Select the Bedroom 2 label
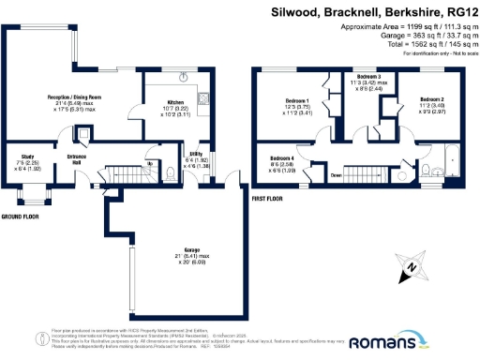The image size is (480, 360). [x=431, y=98]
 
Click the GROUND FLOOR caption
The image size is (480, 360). [x=21, y=217]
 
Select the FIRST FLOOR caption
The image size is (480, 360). [x=269, y=199]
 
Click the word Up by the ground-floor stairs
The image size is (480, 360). [x=151, y=162]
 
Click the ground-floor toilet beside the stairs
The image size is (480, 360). [x=170, y=172]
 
